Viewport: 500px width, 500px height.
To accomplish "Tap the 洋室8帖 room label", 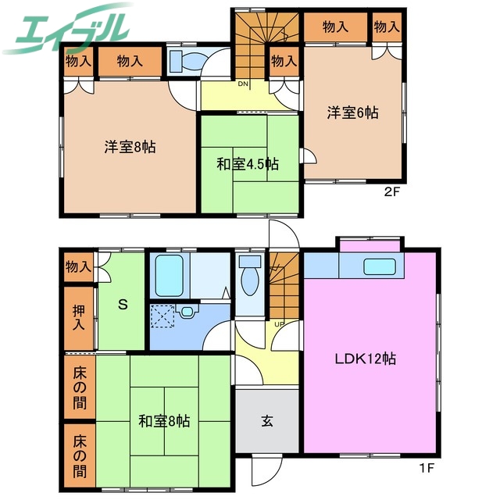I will tap(130, 146).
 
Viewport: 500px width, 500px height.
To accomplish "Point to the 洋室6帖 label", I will tap(352, 112).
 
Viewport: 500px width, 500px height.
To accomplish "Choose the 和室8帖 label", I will tap(165, 421).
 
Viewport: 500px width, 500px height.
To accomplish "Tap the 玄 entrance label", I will tap(266, 421).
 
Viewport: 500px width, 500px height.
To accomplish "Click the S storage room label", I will tap(123, 305).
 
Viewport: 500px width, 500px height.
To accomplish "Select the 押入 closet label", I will tap(78, 318).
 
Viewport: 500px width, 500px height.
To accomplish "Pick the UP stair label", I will tap(278, 323).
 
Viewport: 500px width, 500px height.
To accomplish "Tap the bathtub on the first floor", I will tap(168, 274).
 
